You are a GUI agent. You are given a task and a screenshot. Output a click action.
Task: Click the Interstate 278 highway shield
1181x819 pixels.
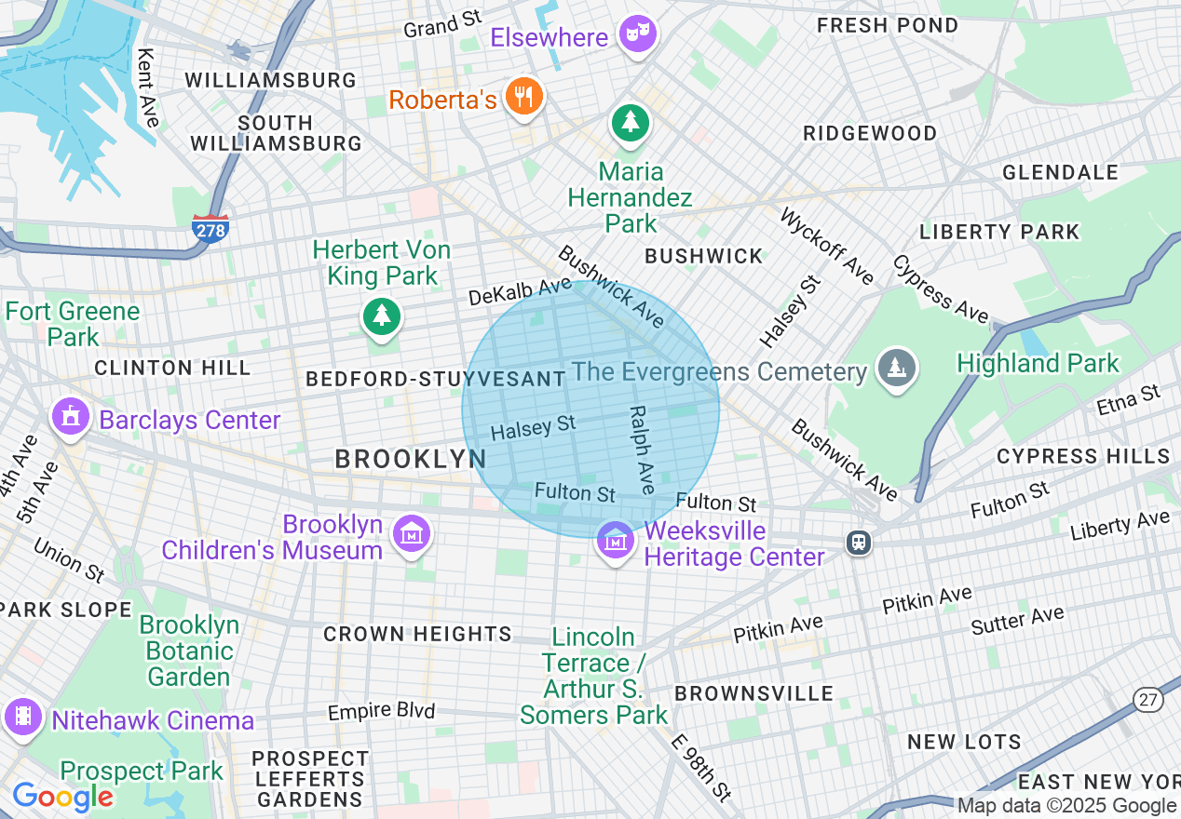pyautogui.click(x=210, y=228)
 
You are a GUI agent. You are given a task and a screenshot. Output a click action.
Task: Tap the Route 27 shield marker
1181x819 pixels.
pyautogui.click(x=1147, y=700)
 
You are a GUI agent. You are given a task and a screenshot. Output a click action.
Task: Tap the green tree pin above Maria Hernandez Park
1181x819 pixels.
pyautogui.click(x=631, y=123)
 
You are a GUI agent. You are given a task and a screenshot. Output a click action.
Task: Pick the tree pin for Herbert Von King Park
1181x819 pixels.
pyautogui.click(x=381, y=316)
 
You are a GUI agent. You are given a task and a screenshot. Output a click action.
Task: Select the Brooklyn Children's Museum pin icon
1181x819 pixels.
pyautogui.click(x=411, y=535)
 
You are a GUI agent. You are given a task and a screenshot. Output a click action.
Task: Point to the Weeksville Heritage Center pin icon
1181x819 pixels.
pyautogui.click(x=615, y=540)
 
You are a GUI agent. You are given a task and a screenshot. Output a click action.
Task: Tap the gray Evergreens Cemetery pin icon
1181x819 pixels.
pyautogui.click(x=896, y=369)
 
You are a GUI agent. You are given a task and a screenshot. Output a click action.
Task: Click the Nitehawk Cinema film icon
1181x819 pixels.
pyautogui.click(x=23, y=717)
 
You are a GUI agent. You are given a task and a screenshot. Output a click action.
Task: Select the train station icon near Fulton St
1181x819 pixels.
pyautogui.click(x=858, y=542)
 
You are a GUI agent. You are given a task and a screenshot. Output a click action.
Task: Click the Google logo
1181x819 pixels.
pyautogui.click(x=62, y=797)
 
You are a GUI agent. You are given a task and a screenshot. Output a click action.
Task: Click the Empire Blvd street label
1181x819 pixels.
pyautogui.click(x=381, y=711)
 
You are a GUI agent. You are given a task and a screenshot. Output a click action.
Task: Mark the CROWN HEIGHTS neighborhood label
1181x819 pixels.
pyautogui.click(x=417, y=635)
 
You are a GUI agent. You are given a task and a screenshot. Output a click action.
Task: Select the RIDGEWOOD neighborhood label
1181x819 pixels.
pyautogui.click(x=870, y=133)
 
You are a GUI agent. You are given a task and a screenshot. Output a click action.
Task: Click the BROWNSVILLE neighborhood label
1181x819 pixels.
pyautogui.click(x=753, y=694)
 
